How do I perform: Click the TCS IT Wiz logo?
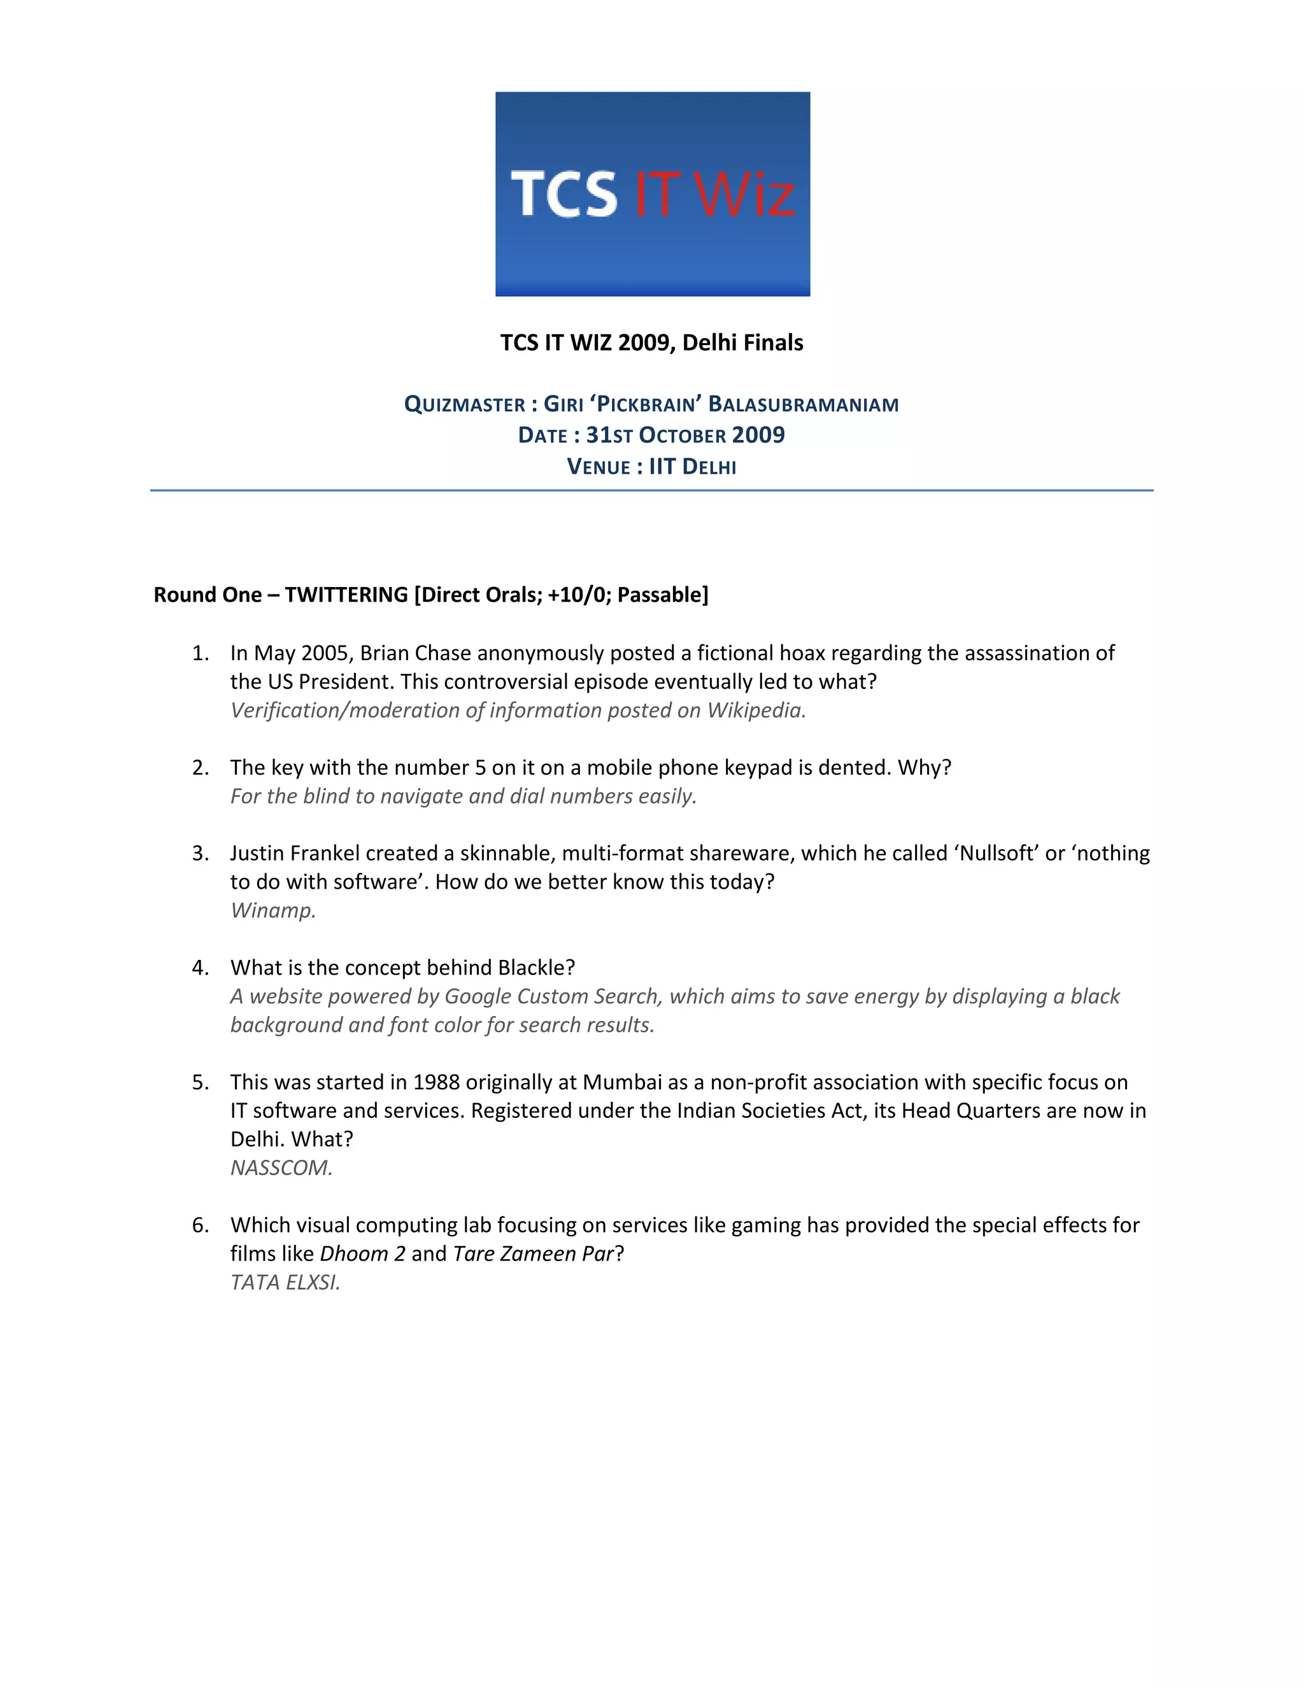[652, 194]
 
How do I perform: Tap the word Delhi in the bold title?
[710, 342]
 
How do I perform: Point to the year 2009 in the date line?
[758, 435]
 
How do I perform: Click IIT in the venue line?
[662, 467]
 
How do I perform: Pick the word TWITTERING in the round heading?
[346, 595]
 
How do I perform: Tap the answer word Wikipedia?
[756, 710]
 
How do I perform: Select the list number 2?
[200, 768]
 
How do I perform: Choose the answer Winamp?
[273, 911]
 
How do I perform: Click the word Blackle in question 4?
[535, 968]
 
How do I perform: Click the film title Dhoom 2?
[362, 1253]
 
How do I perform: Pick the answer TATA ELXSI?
[285, 1282]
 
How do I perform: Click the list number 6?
[200, 1225]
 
